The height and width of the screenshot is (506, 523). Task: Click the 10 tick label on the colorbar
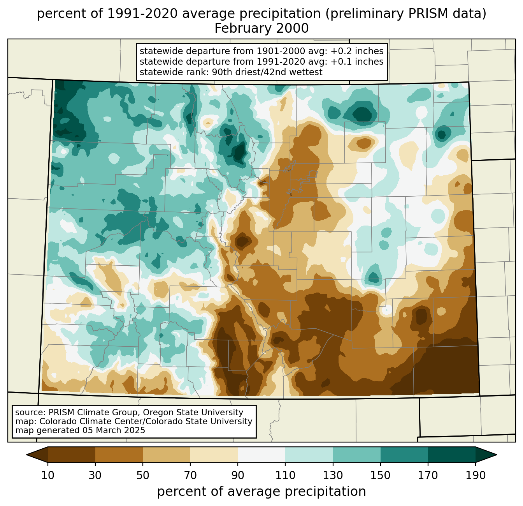click(48, 476)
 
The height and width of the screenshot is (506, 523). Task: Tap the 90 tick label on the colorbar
click(238, 476)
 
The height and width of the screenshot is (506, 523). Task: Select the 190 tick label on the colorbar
click(476, 476)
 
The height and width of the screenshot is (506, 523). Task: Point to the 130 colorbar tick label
click(333, 476)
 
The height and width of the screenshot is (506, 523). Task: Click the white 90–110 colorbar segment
click(261, 455)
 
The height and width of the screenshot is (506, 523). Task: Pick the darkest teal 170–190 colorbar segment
click(451, 455)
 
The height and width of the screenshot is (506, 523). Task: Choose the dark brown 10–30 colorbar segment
click(72, 455)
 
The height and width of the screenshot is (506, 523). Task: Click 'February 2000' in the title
click(261, 28)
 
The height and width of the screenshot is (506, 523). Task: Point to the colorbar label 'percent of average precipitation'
click(261, 492)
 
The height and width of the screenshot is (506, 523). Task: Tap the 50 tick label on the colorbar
click(143, 476)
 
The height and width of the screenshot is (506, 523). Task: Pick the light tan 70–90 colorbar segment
click(214, 455)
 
